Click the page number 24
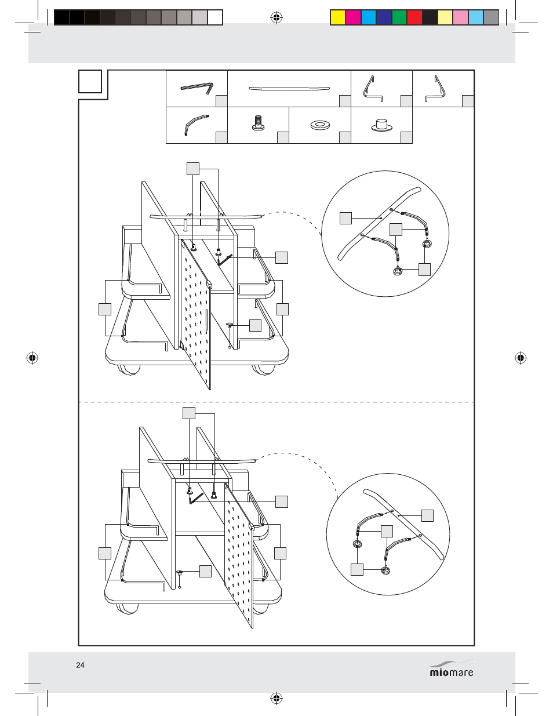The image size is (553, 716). coord(80,665)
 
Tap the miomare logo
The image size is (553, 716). coord(452,668)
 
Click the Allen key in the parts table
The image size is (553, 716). coord(197,88)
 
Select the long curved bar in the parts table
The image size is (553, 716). coord(289,88)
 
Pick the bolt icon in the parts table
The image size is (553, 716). coord(258,122)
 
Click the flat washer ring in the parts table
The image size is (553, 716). coord(319,125)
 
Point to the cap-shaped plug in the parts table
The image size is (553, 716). coord(382,125)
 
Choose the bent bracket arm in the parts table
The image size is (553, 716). coord(197,124)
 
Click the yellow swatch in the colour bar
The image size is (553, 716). coord(337,17)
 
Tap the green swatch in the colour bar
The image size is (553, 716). coord(399,17)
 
